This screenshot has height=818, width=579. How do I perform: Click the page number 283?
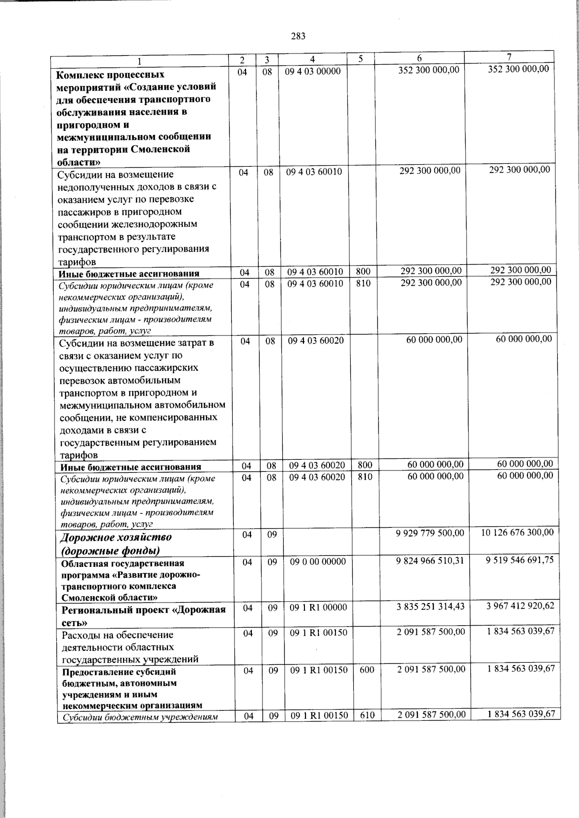point(298,36)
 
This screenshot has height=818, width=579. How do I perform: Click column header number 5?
point(360,59)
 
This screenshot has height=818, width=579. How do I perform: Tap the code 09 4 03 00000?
point(313,71)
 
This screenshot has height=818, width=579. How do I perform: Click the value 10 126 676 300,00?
point(517,532)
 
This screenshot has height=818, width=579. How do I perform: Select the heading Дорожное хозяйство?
point(116,537)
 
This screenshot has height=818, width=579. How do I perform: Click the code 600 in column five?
point(367,670)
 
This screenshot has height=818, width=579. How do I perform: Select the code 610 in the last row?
point(367,715)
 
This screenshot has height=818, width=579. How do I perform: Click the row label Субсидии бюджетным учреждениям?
point(138,717)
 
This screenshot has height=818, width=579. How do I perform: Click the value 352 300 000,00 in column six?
point(428,70)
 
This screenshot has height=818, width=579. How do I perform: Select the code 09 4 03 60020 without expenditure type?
point(316,341)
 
